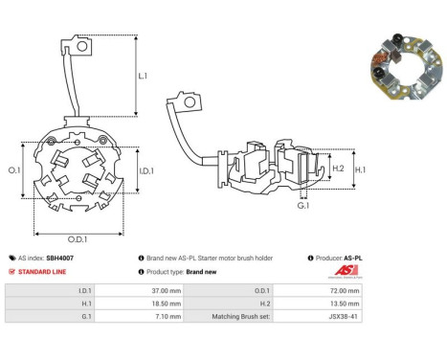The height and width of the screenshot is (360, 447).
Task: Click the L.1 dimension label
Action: (x=143, y=76)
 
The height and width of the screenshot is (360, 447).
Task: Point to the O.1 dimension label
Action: (x=14, y=170)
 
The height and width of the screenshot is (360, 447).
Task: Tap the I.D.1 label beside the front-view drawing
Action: (x=146, y=171)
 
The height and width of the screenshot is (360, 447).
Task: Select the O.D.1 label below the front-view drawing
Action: (x=78, y=239)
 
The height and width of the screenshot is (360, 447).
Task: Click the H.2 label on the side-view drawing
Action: (x=338, y=169)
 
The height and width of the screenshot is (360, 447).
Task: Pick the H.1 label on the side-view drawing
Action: (x=360, y=169)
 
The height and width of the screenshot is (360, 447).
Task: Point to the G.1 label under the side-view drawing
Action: (x=303, y=206)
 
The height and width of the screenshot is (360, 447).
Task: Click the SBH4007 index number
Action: (x=59, y=258)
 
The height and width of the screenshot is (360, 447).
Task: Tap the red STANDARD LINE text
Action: (x=42, y=272)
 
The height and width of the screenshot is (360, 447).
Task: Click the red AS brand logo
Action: (x=346, y=271)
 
